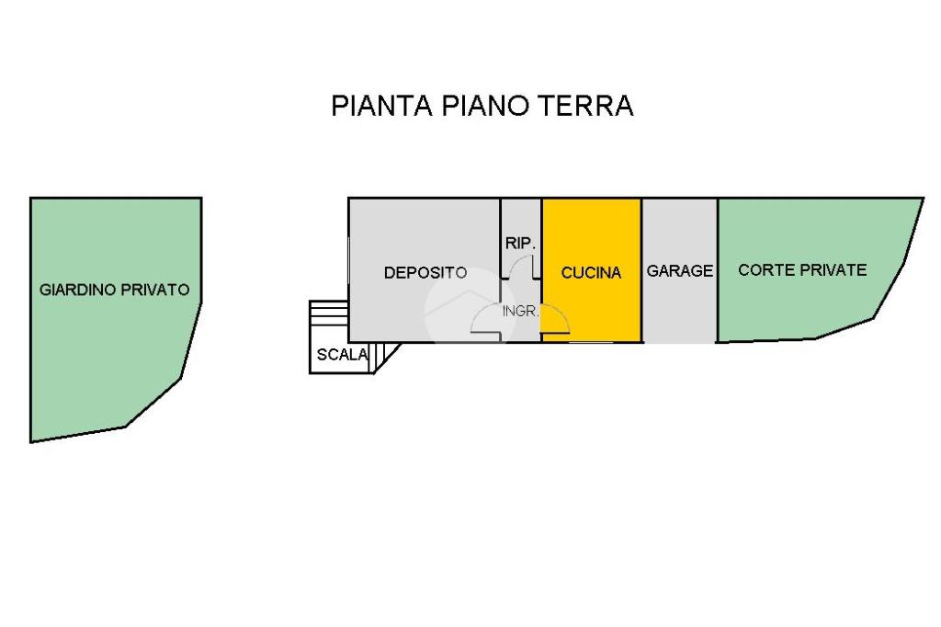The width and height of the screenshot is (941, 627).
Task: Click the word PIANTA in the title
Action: click(x=381, y=105)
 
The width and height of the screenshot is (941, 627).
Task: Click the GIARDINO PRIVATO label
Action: click(x=115, y=290)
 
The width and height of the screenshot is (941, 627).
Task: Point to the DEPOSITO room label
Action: click(x=425, y=273)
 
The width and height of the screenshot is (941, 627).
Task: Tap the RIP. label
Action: click(x=520, y=244)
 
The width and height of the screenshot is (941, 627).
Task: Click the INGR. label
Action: click(x=520, y=311)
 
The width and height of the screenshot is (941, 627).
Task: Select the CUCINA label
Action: click(x=591, y=273)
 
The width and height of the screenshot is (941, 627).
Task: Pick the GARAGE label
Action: click(x=680, y=271)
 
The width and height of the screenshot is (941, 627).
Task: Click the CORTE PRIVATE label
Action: click(x=802, y=270)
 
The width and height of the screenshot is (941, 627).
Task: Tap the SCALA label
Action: click(x=342, y=355)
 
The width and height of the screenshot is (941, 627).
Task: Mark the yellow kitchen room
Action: click(x=592, y=270)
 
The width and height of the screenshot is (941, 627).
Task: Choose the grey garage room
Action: click(x=680, y=270)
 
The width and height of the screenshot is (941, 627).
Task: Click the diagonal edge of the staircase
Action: click(x=387, y=359)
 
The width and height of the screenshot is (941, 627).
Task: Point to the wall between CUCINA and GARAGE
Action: click(x=642, y=270)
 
